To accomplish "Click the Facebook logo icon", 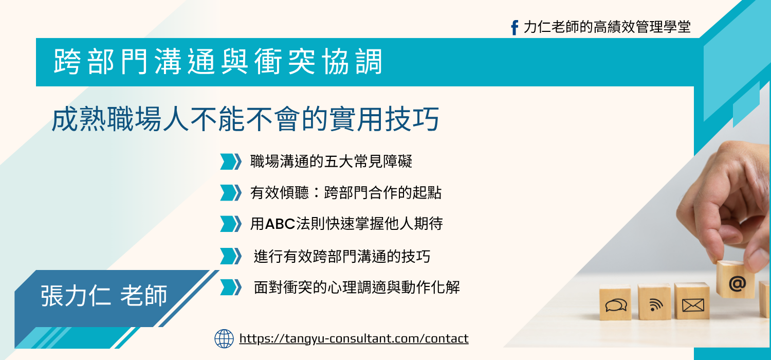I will point(514,27).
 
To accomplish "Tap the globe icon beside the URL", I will point(224,339).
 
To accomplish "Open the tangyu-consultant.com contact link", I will point(354,339).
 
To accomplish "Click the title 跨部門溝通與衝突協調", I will point(218,62).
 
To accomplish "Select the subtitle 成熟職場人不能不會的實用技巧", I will point(245,120).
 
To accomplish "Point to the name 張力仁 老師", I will point(104,296).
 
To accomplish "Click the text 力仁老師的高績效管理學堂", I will point(607,27).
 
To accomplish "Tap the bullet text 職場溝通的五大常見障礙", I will point(331,161).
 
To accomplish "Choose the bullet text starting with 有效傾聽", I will point(346,193).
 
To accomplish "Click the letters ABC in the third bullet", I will point(280,224).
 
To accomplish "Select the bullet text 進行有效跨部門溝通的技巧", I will point(342,256).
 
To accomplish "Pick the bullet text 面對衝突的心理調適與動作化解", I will point(357,287).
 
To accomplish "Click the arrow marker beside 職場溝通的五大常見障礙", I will point(231,161).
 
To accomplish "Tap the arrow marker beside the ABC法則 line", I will point(231,224).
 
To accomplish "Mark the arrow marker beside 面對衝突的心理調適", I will point(231,287).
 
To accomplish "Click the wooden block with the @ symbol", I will point(736,280).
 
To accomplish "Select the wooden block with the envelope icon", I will point(692,302).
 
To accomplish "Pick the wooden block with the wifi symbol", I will point(654,302).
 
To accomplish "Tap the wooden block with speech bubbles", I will point(615,303).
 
